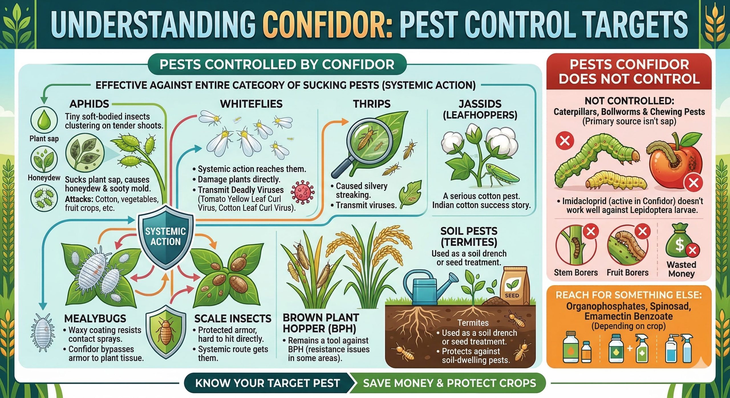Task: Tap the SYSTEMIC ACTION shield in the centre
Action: point(166,237)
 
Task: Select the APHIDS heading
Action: point(89,104)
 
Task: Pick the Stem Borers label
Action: point(576,273)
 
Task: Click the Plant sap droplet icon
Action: point(44,120)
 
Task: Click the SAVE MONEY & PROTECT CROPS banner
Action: point(449,383)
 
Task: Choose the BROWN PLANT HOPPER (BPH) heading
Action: point(321,323)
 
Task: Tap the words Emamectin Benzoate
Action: point(628,316)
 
